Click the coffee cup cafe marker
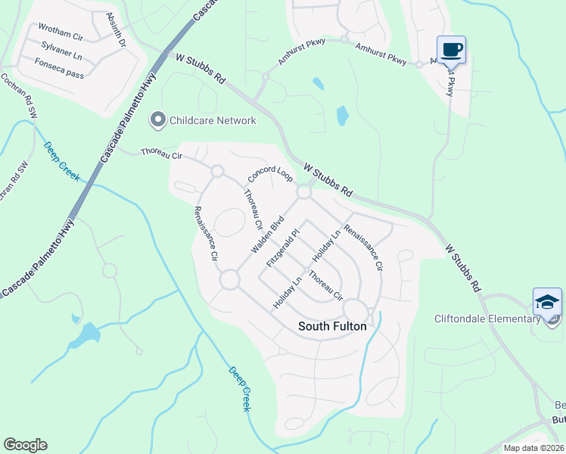451,50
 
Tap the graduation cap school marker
547,302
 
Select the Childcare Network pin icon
158,120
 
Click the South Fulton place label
332,326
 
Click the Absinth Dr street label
115,30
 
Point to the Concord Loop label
270,175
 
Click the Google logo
25,445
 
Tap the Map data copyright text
533,448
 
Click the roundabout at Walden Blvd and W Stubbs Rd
305,193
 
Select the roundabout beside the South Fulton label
355,310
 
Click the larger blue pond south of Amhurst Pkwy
342,115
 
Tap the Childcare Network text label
213,120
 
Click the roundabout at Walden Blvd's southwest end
230,280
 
